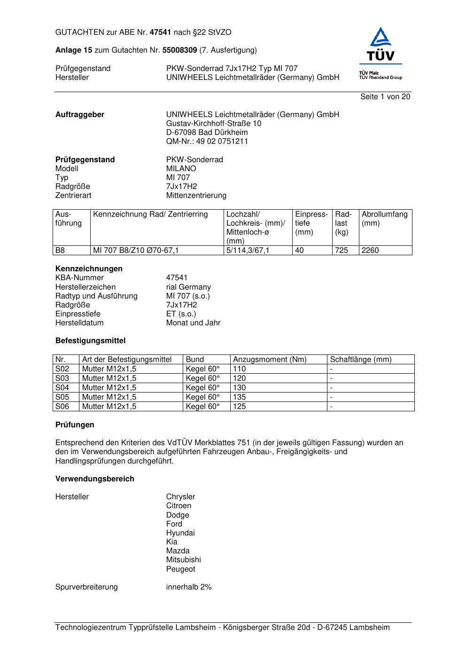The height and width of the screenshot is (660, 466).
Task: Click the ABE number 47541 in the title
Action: pos(161,32)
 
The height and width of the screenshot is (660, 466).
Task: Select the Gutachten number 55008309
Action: pos(179,50)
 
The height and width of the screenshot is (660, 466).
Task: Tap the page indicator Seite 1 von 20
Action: pos(385,97)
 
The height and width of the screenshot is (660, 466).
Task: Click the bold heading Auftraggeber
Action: pos(80,115)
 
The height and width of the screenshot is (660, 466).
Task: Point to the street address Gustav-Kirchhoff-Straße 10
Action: pos(214,124)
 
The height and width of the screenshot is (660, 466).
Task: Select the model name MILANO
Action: pos(181,169)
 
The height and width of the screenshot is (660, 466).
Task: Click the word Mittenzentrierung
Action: pos(196,196)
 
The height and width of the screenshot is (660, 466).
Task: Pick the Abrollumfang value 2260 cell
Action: pos(370,251)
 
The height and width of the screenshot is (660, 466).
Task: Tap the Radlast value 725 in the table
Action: pos(342,251)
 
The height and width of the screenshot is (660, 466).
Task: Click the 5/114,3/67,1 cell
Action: pos(248,251)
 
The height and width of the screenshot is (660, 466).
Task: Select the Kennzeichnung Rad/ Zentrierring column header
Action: pos(150,214)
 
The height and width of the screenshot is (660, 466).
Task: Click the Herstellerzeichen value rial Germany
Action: pos(188,287)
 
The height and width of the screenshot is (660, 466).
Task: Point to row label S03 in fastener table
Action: pos(62,378)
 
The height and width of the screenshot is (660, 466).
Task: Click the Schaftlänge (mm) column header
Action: pos(361,360)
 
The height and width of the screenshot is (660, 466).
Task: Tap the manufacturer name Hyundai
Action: pos(180,533)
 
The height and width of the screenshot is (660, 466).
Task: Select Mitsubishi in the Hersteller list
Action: pos(183,560)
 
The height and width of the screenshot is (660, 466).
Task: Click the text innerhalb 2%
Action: pos(189,587)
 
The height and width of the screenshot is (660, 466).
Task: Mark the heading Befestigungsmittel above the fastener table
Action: pos(91,341)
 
